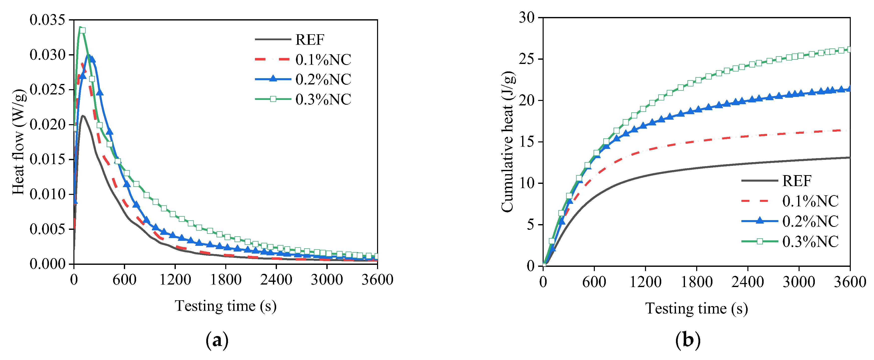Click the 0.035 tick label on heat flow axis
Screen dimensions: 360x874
tap(47, 20)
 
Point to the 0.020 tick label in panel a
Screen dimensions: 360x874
tap(47, 124)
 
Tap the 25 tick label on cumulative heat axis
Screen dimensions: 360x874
tap(527, 59)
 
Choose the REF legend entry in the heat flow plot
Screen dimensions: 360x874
tap(309, 40)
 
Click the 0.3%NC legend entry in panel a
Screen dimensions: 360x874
tap(323, 99)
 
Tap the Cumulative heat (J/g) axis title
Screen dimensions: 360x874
tap(508, 142)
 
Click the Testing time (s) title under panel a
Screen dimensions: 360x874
tap(226, 306)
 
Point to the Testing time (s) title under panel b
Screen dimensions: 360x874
tap(696, 309)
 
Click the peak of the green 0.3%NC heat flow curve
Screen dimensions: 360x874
tap(80, 27)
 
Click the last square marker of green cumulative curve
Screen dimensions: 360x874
tap(850, 49)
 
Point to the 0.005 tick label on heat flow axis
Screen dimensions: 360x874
tap(47, 229)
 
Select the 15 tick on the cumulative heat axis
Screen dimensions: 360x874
tap(527, 142)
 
